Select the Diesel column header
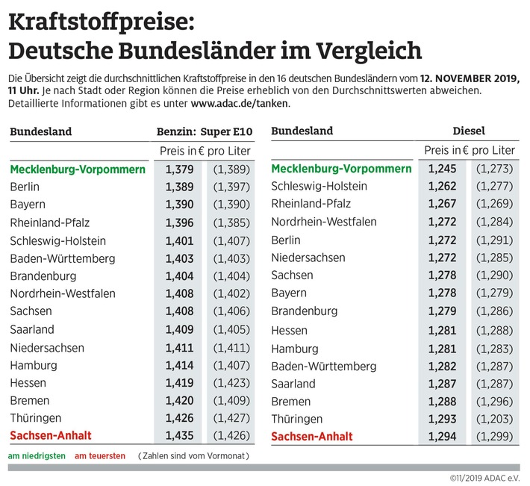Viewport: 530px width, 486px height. [469, 131]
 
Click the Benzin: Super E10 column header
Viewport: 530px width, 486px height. [205, 131]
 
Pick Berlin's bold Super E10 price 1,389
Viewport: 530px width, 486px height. [179, 187]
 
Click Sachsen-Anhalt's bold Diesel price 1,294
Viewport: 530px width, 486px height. [442, 436]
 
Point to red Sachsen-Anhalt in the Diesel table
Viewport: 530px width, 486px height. [311, 436]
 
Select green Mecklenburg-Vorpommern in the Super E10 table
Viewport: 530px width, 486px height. [78, 169]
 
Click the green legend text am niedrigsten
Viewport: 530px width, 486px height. [37, 456]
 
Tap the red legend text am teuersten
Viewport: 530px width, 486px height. [100, 456]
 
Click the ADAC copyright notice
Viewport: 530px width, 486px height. [484, 479]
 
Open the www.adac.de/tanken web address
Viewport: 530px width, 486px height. [240, 104]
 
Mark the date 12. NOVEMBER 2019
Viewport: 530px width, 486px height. [470, 78]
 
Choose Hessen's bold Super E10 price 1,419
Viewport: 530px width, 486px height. [179, 383]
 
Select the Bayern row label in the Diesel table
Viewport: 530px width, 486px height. [289, 293]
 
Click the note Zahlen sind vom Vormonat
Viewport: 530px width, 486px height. [193, 456]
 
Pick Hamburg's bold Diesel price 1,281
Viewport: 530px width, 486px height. [442, 349]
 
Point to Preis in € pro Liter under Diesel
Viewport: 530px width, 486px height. [470, 150]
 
